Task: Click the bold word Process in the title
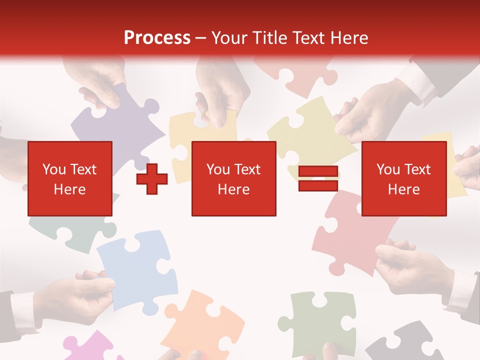point(157,38)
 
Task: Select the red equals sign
point(318,178)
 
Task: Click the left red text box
point(69,178)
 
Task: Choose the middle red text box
point(233,178)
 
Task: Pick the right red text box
point(403,178)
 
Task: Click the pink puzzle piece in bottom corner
point(90,347)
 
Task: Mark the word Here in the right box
point(403,189)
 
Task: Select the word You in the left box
point(53,169)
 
